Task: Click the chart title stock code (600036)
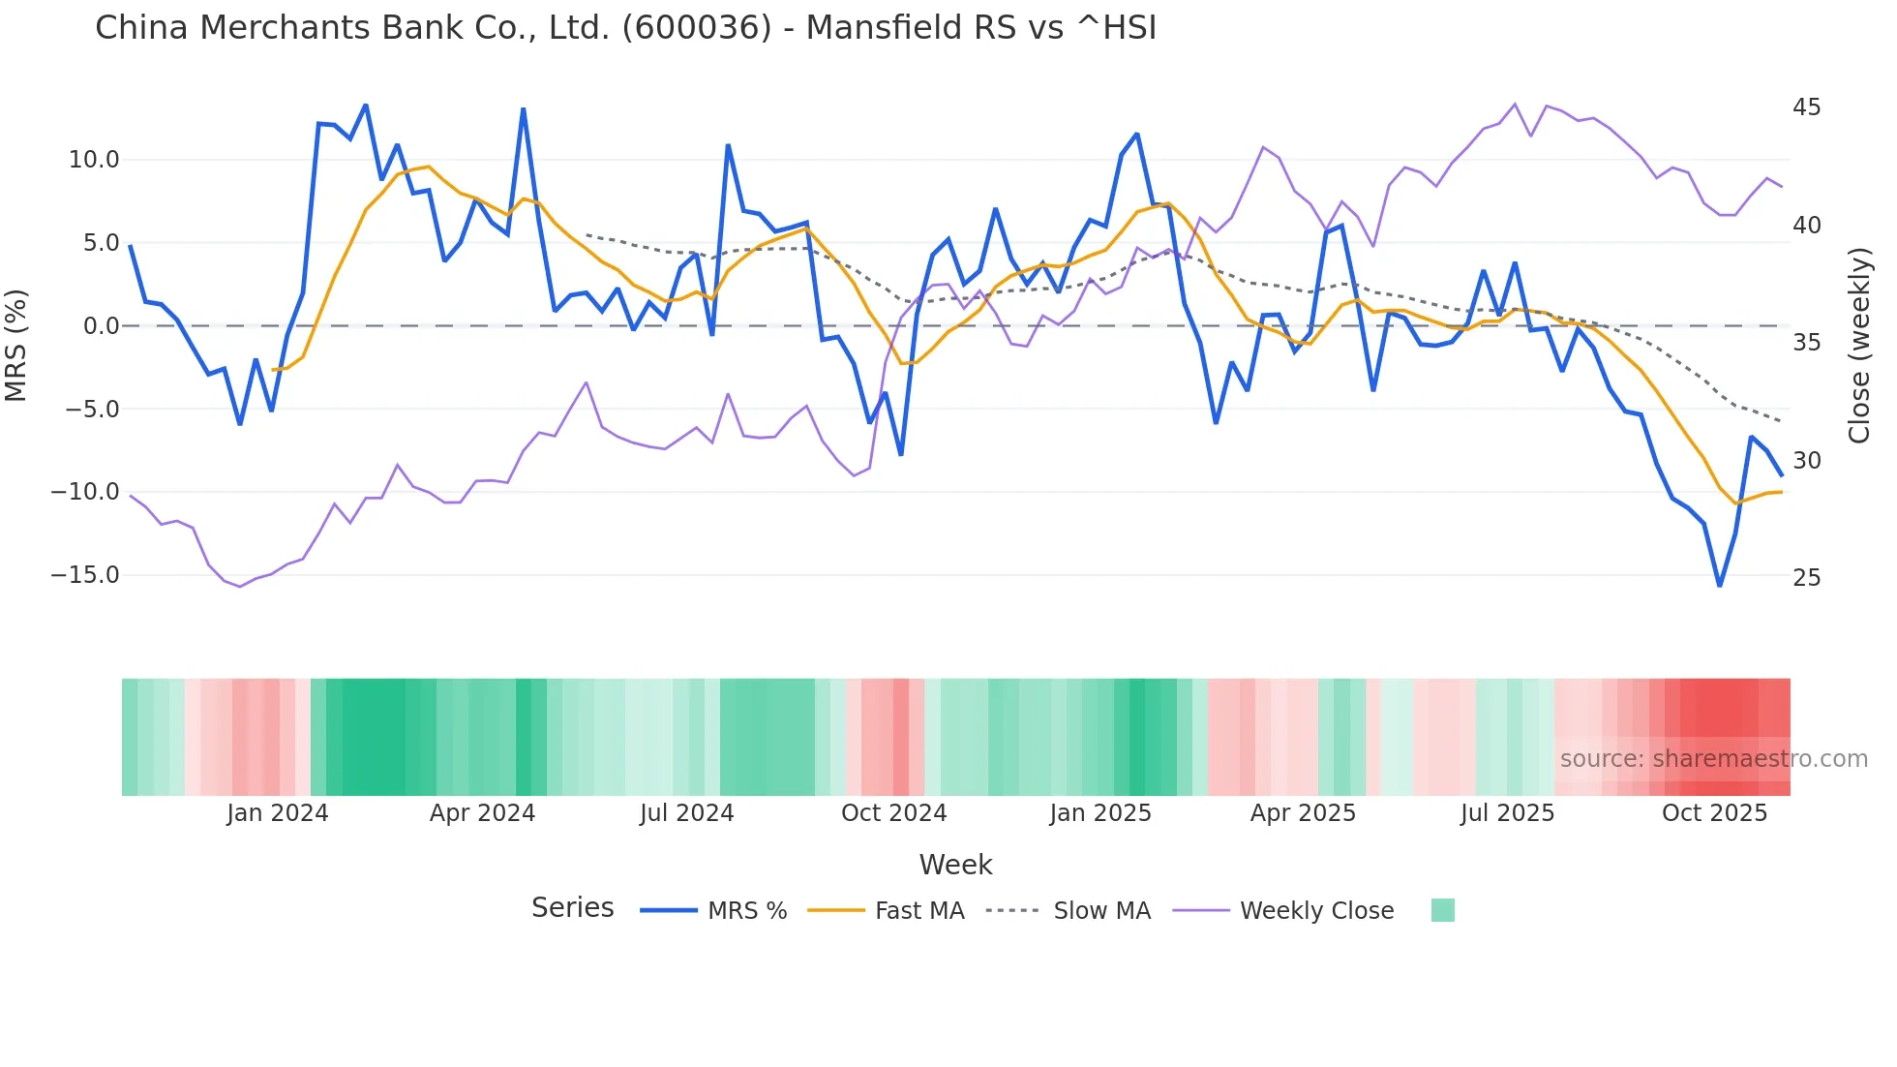[x=697, y=27]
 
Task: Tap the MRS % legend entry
[x=746, y=911]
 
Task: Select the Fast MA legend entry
[x=918, y=911]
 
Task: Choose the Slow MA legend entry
[x=1101, y=911]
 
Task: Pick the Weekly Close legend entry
[x=1316, y=911]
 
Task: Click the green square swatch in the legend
[x=1442, y=910]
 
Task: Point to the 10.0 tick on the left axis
[x=94, y=160]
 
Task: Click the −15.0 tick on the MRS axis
[x=85, y=575]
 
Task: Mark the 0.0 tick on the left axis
[x=102, y=326]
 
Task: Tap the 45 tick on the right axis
[x=1806, y=107]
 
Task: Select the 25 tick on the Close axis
[x=1806, y=578]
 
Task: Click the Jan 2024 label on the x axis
[x=278, y=813]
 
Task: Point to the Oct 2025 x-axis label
[x=1714, y=813]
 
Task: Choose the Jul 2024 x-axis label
[x=686, y=813]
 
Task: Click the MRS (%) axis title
[x=16, y=345]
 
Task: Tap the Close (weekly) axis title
[x=1858, y=345]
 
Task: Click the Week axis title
[x=955, y=865]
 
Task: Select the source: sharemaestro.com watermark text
[x=1713, y=759]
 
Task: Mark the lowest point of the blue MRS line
[x=1720, y=585]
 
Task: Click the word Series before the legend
[x=572, y=908]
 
